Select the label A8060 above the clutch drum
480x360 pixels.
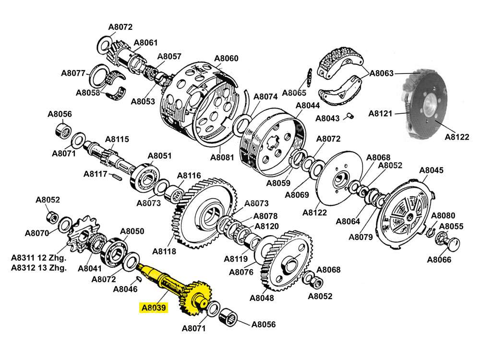click(226, 59)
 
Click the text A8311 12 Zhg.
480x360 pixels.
click(39, 258)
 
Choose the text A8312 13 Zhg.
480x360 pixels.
click(39, 268)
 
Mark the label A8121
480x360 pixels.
click(381, 114)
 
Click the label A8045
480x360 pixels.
click(432, 170)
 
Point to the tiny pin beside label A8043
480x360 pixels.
click(351, 115)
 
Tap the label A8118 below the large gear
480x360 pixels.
click(164, 251)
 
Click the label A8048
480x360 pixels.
click(262, 298)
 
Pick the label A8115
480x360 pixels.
click(117, 140)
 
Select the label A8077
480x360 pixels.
click(73, 73)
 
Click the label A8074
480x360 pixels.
click(265, 96)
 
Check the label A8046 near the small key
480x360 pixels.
click(125, 289)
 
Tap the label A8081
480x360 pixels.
click(222, 157)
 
